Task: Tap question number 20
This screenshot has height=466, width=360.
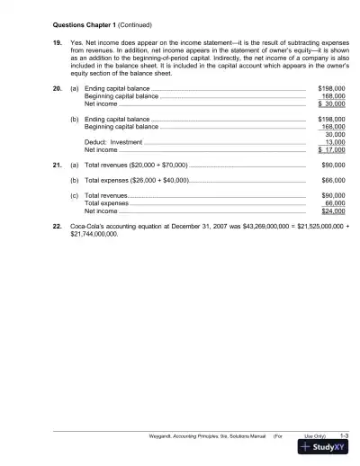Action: coord(57,89)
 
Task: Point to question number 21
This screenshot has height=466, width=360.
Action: coord(57,166)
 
